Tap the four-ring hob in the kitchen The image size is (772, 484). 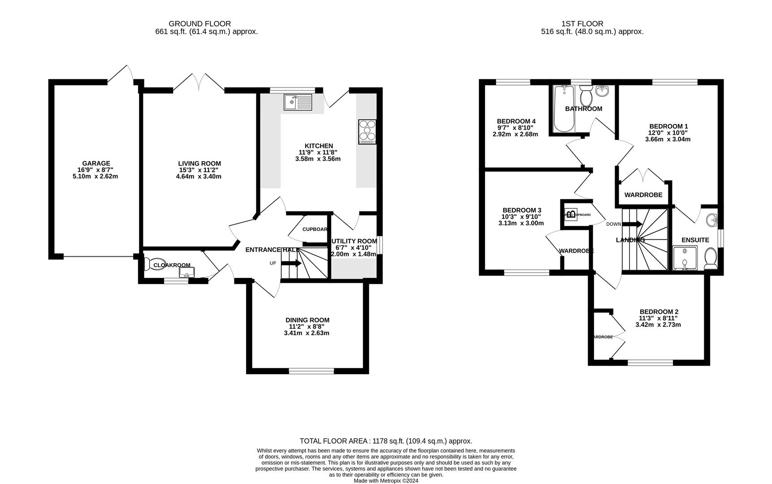click(367, 132)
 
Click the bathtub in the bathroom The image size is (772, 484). click(564, 109)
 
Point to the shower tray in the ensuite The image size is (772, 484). click(685, 259)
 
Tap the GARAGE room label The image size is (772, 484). click(96, 164)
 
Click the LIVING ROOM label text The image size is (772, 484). click(199, 164)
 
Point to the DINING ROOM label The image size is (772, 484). click(307, 320)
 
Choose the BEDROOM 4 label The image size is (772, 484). click(516, 121)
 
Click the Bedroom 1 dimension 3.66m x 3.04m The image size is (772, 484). click(668, 139)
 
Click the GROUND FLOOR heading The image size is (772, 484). click(200, 24)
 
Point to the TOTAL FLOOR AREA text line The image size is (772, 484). click(386, 441)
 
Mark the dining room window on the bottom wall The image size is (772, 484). click(311, 371)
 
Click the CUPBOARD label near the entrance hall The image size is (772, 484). click(315, 229)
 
